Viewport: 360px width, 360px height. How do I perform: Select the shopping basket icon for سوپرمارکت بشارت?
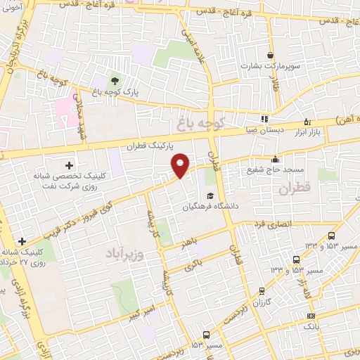270,55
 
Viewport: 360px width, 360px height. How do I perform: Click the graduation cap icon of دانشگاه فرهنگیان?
210,195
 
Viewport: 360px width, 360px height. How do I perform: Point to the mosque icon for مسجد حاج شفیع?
274,159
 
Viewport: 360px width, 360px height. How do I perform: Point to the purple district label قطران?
294,189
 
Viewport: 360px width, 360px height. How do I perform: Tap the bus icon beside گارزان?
262,290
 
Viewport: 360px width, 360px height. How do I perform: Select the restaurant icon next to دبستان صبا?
264,119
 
